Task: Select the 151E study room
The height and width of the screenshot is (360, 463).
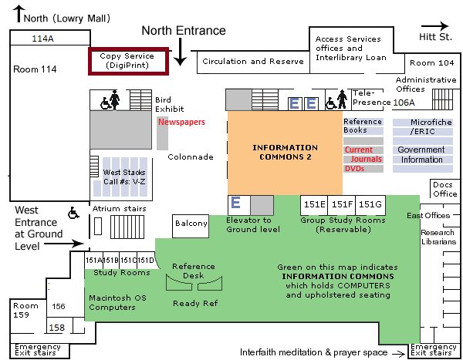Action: [314, 204]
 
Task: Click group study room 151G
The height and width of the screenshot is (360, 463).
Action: [370, 204]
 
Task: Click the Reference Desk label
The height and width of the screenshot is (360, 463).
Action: [194, 271]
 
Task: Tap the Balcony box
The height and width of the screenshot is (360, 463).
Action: [191, 224]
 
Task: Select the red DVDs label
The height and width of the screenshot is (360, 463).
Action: [354, 168]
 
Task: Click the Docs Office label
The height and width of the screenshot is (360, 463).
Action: [444, 189]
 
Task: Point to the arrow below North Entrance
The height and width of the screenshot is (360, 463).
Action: [180, 52]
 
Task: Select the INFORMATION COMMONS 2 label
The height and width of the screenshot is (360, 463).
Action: [285, 152]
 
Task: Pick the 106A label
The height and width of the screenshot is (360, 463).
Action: [404, 102]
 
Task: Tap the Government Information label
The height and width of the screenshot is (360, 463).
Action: [421, 154]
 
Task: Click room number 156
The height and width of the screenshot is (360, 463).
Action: [58, 306]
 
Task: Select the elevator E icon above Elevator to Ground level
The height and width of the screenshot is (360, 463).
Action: [237, 204]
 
